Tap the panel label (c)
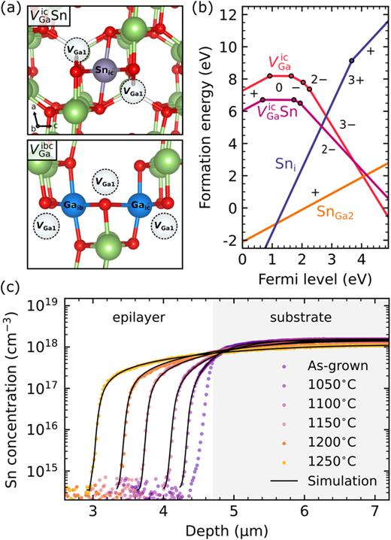tap(14, 286)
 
